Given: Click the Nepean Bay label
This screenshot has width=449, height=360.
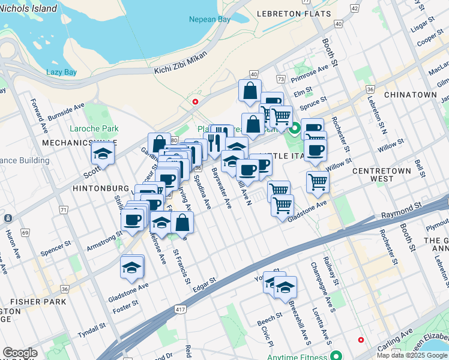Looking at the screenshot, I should (x=209, y=20).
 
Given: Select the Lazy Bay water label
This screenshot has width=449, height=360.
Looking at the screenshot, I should (x=62, y=72).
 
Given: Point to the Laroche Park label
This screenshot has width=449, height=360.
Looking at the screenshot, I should (x=94, y=128).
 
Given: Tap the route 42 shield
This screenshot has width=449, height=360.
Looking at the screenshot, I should (x=355, y=8).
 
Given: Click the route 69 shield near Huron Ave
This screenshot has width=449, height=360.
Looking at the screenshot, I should (x=25, y=232).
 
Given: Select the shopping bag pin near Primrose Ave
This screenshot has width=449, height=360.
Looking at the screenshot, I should (x=250, y=91).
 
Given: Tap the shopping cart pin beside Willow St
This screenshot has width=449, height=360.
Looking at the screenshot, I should (x=318, y=181).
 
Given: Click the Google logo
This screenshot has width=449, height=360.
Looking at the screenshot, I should (x=20, y=353).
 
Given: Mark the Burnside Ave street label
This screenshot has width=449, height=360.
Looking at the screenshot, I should (x=66, y=111).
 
